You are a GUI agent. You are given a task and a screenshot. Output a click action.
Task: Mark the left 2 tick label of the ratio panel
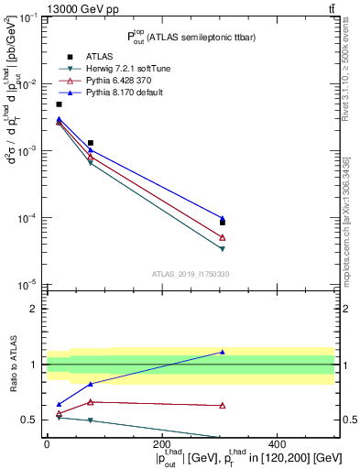[34, 309]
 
